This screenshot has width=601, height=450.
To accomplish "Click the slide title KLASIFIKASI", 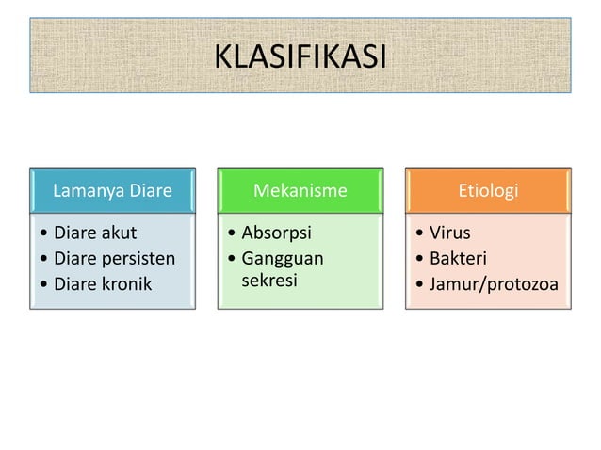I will (300, 56).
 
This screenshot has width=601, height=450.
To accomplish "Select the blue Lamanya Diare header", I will (112, 191).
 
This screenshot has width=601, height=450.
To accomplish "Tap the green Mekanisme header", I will (300, 191).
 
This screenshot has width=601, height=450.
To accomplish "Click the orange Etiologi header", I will (488, 191).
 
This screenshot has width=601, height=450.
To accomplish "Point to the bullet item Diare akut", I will (94, 233).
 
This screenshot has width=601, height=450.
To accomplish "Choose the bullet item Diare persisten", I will (114, 258).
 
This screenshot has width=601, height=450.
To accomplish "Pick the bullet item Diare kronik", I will (102, 283).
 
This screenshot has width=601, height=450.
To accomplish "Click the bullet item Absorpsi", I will (276, 233).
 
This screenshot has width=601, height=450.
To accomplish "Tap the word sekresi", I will (269, 281).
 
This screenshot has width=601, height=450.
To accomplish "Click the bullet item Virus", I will (449, 233).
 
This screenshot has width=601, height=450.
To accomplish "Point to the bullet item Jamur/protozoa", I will (493, 283).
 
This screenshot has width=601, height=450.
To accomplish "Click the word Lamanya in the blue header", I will (84, 191).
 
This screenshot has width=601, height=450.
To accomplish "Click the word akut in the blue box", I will (117, 233).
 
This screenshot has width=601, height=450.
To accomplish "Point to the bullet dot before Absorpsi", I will (231, 233).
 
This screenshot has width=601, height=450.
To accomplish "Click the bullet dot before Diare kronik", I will (43, 284).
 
